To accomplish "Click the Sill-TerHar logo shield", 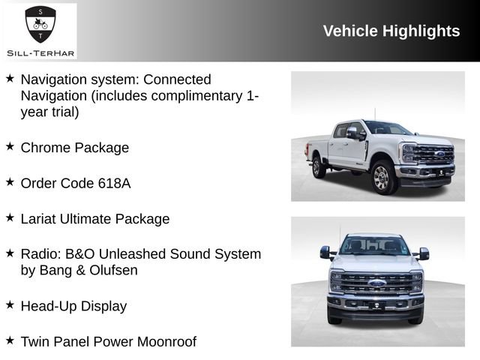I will [x=40, y=25].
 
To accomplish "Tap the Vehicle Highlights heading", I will [x=391, y=31].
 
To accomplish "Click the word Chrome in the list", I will [x=46, y=148].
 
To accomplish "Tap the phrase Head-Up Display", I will [x=73, y=306].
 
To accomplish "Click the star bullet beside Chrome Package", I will [x=10, y=146].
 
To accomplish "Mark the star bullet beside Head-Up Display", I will [x=10, y=304].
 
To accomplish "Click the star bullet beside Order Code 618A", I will [x=10, y=181].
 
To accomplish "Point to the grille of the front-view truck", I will [x=376, y=283].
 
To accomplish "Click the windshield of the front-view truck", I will [x=375, y=245].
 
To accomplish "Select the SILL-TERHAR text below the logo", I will [x=40, y=52].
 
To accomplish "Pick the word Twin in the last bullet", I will [x=35, y=342].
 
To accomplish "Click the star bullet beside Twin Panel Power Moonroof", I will [x=10, y=340].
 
